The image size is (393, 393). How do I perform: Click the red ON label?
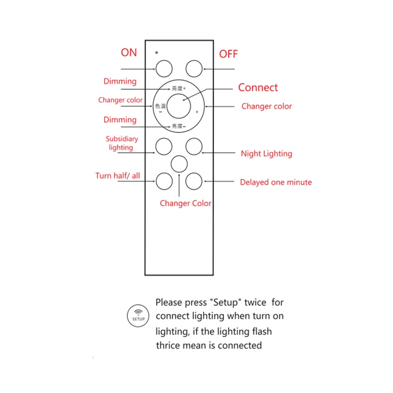point(129,53)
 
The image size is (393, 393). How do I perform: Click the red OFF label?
point(228,54)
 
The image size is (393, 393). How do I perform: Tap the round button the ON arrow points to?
point(164,68)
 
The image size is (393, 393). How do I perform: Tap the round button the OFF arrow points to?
point(194,68)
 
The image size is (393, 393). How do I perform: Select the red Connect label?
point(258,88)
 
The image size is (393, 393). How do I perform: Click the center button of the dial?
point(179,106)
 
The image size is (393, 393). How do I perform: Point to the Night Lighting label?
point(266,154)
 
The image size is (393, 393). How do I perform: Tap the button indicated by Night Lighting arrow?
point(194,146)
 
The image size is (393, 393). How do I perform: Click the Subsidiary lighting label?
point(122,143)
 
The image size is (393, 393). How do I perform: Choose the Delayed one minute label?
point(276,182)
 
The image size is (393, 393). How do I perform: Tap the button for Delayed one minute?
point(194,181)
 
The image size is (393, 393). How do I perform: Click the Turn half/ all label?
point(117,175)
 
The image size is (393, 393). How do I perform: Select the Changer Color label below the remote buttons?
point(186,203)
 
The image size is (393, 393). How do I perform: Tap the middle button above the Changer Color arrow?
point(179,164)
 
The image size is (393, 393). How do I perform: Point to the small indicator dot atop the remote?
point(156,52)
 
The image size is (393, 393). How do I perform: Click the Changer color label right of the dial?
point(266,106)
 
